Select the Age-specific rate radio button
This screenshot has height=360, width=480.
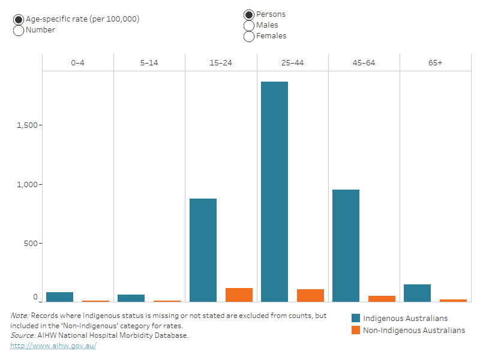19,19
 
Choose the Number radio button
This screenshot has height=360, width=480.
19,30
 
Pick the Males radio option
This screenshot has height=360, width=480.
249,25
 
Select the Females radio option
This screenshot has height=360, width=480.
249,36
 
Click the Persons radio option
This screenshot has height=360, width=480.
249,14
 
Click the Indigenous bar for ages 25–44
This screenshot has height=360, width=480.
274,192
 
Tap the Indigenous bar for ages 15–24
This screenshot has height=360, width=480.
203,250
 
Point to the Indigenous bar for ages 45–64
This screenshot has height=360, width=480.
346,246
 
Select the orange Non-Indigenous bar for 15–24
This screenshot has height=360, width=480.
239,295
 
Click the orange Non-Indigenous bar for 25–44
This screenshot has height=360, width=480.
310,295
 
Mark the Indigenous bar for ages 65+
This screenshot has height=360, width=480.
417,293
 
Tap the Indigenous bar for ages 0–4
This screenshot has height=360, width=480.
60,297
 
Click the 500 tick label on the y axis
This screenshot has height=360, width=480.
31,244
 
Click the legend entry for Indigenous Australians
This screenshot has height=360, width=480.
405,319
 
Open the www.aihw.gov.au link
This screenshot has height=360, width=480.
53,346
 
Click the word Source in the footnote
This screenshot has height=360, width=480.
22,335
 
